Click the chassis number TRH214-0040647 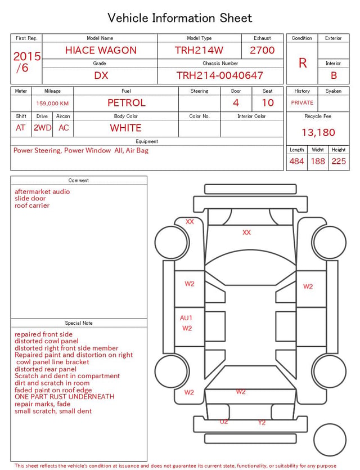(x=219, y=75)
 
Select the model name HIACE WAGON (x=101, y=50)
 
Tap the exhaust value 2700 (x=262, y=50)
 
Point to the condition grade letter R (x=303, y=63)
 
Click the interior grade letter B (x=334, y=75)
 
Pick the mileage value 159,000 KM (x=52, y=104)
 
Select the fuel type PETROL (x=127, y=103)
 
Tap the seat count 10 (x=268, y=103)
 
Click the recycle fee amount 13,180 (x=318, y=132)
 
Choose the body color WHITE (x=125, y=128)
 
